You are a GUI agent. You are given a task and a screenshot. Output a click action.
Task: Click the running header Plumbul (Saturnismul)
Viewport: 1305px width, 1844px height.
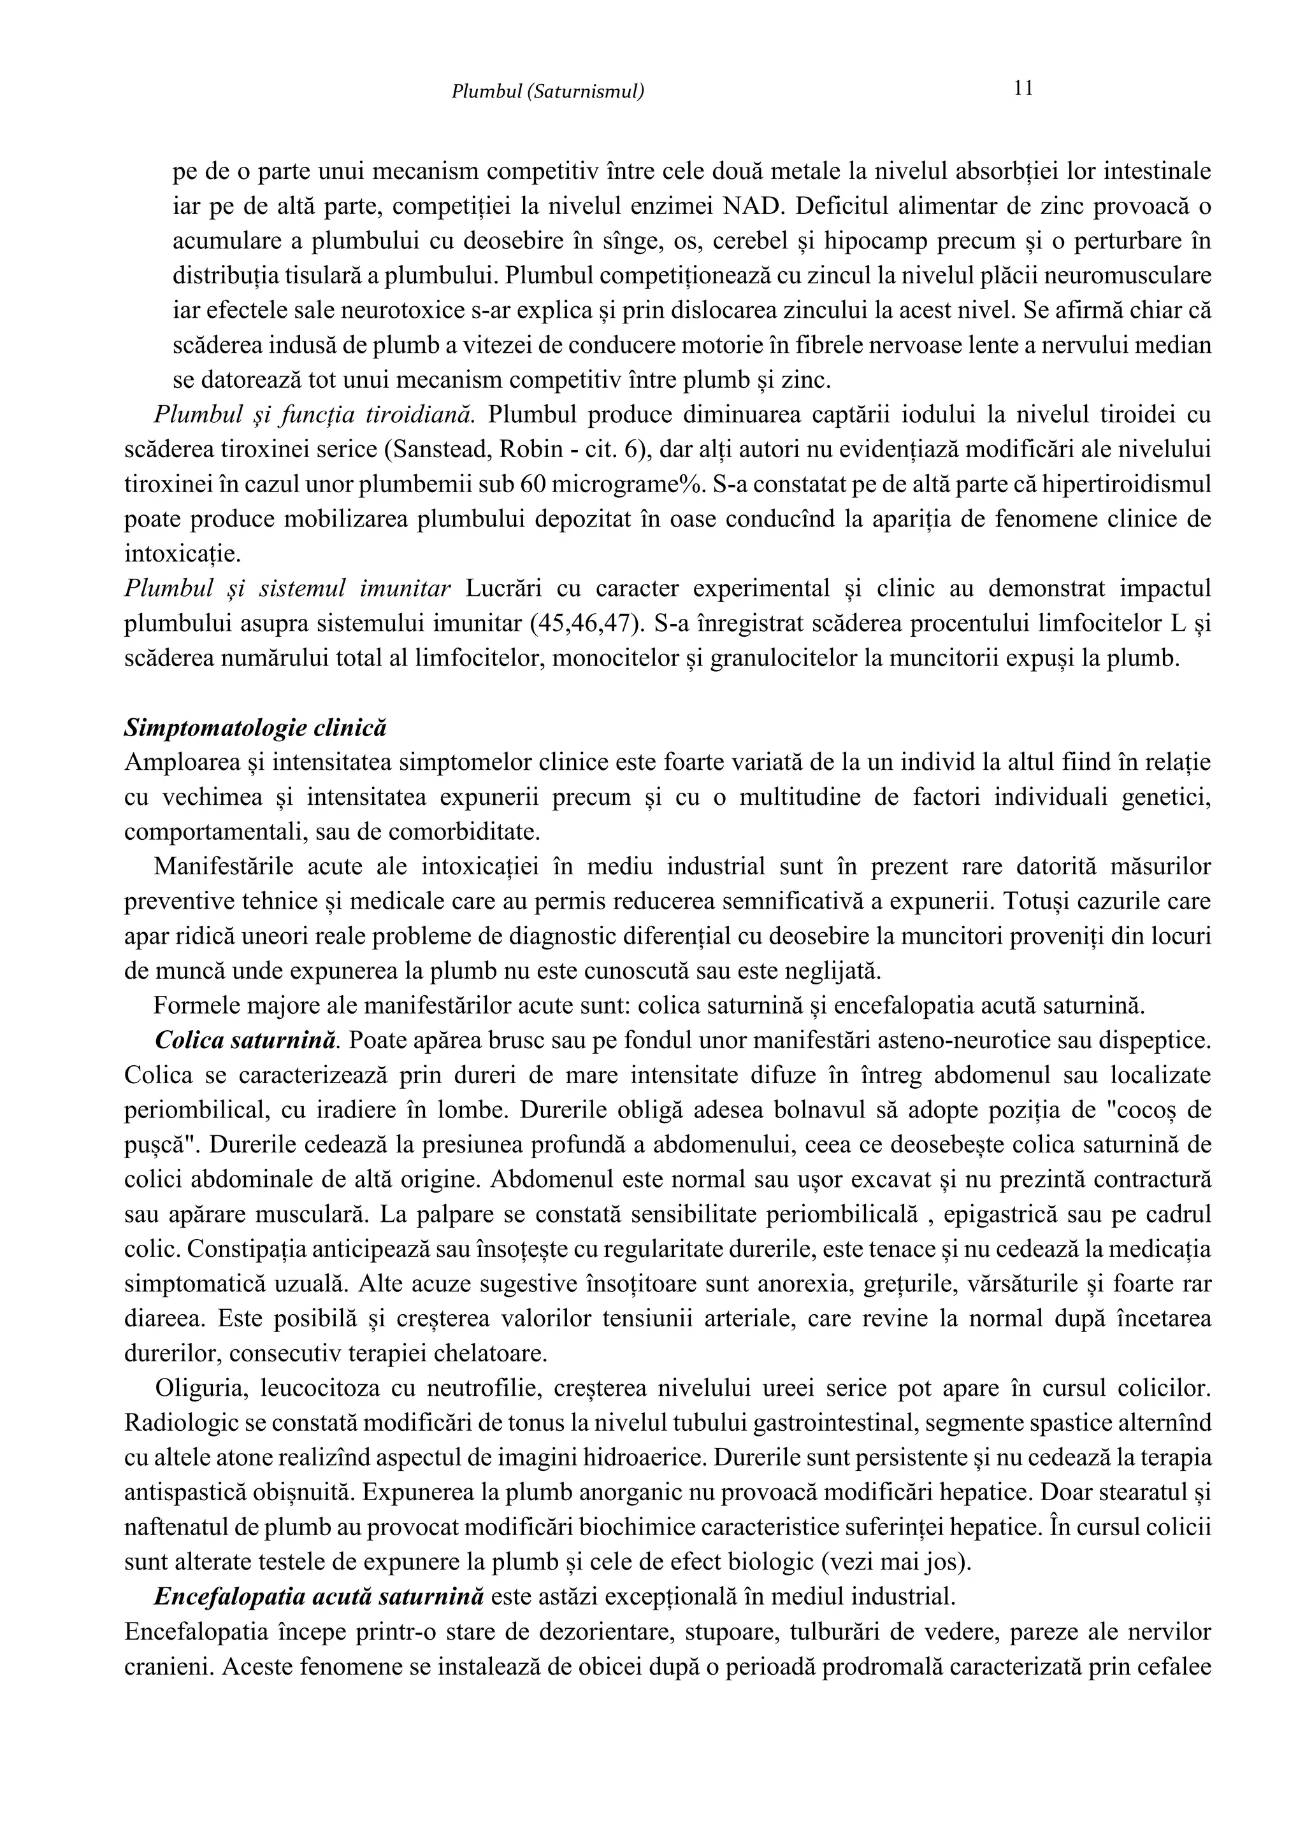click(547, 92)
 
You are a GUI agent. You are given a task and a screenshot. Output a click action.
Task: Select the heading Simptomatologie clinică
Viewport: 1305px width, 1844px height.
click(256, 728)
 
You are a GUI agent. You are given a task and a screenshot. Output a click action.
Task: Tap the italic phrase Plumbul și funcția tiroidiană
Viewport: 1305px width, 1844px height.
click(314, 415)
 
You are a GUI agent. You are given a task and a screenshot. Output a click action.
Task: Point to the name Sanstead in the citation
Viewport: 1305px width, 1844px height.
click(431, 450)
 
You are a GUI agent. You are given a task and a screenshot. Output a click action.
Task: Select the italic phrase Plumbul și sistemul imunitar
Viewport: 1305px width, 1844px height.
click(287, 589)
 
